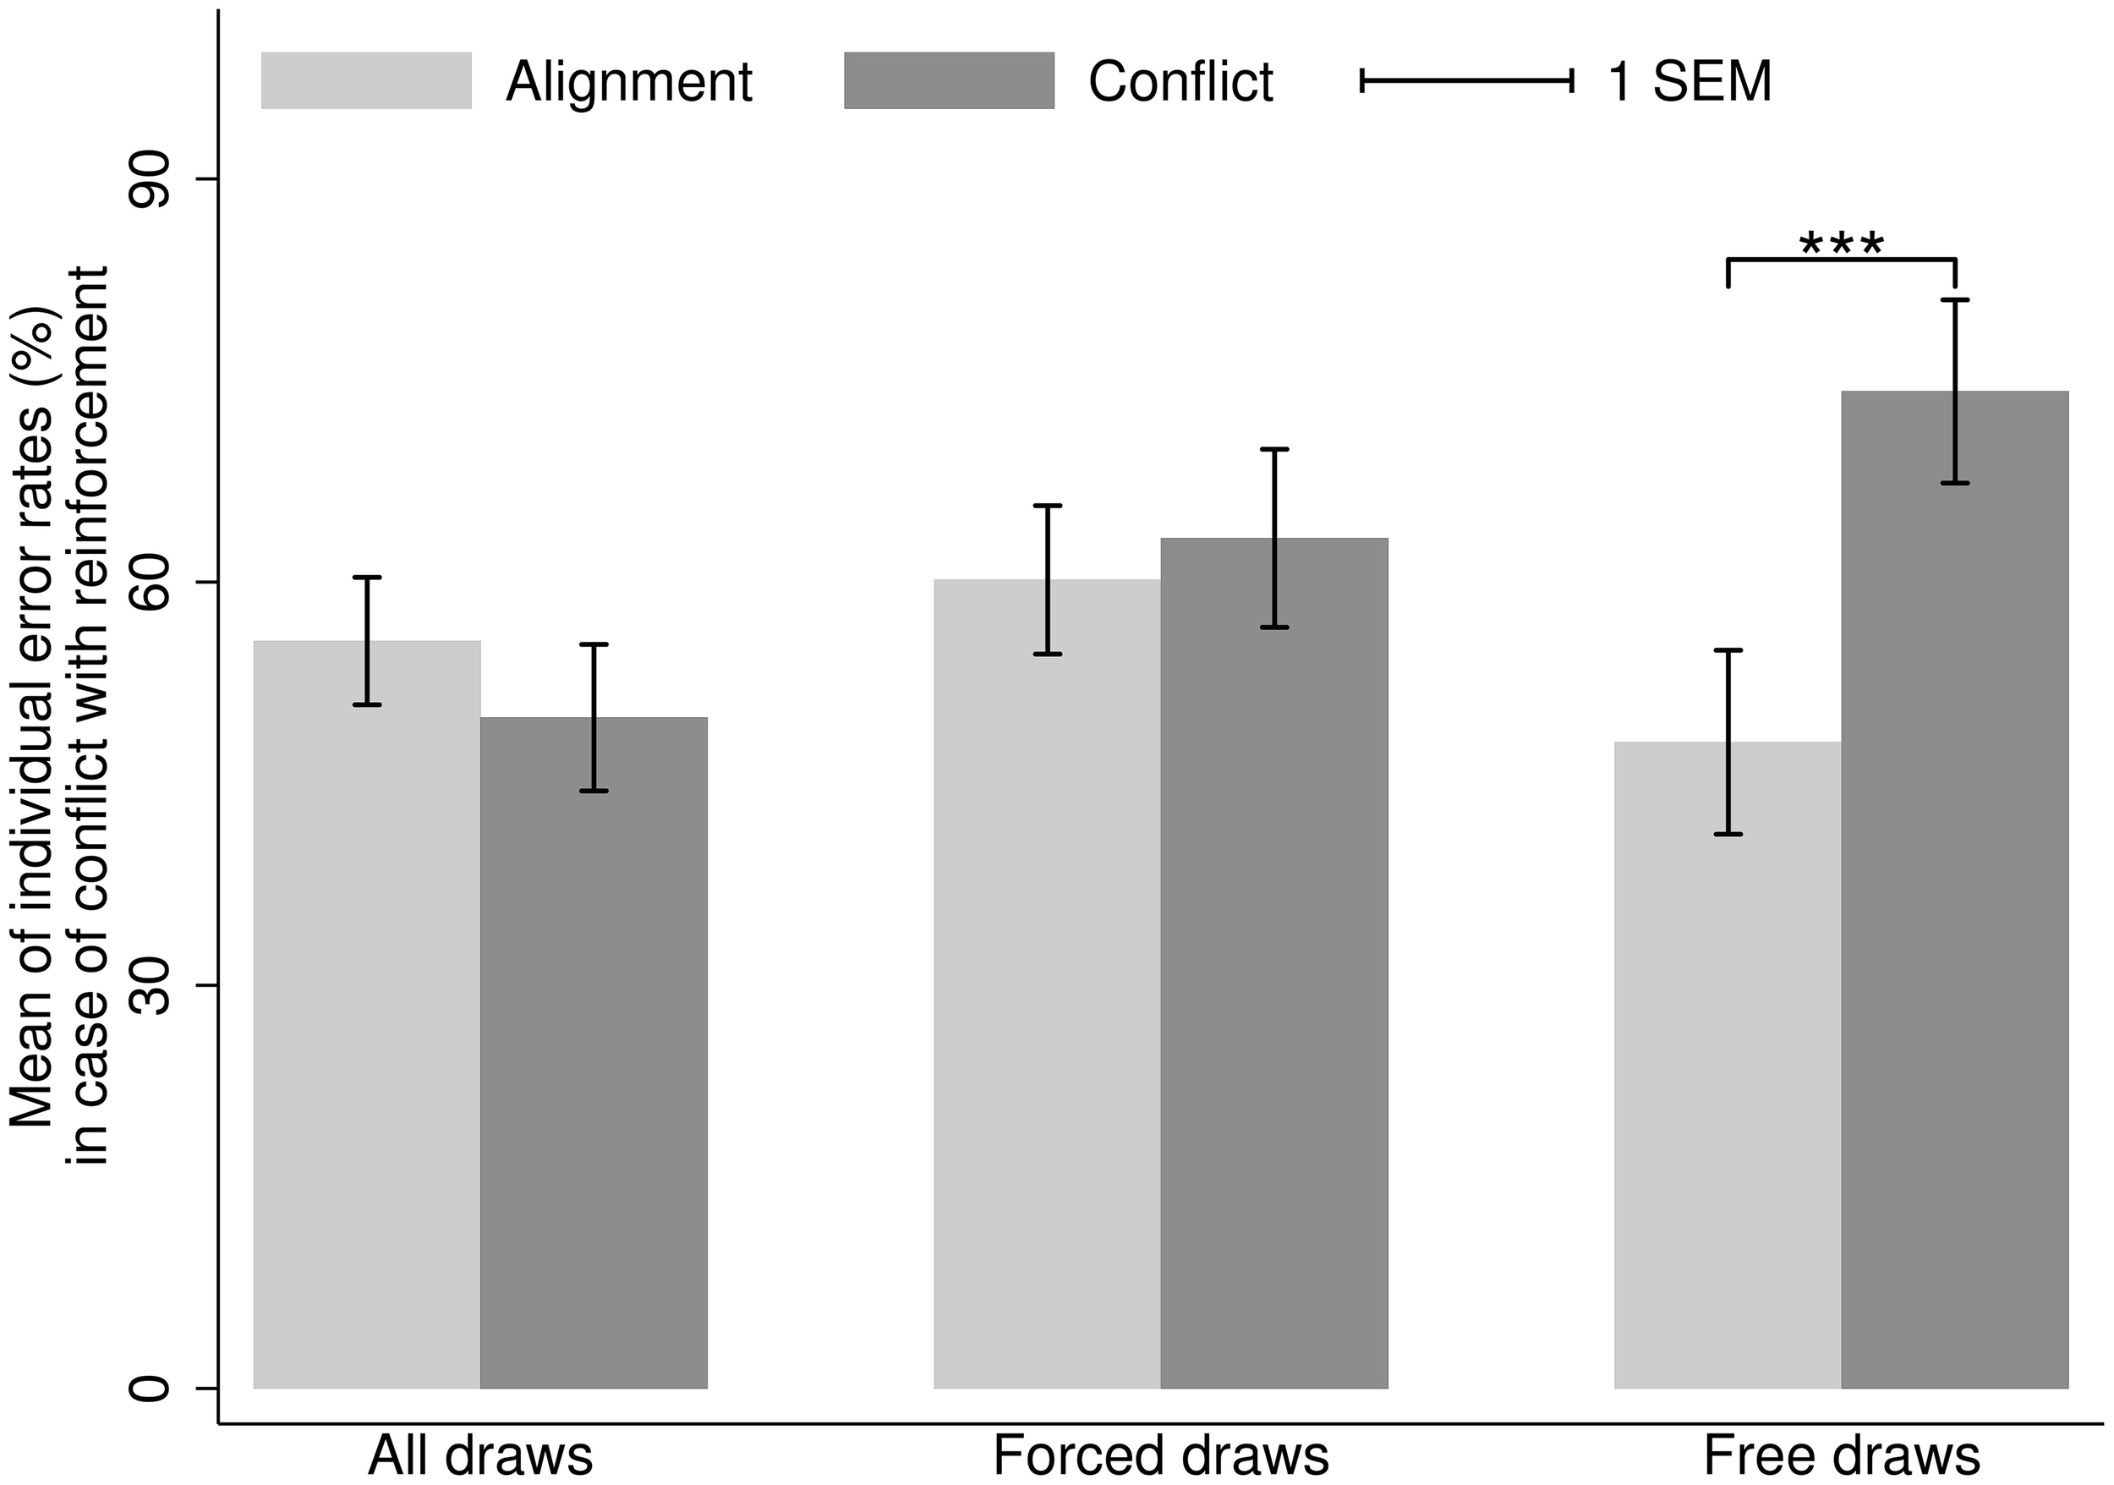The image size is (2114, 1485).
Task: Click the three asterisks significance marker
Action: pos(1842,245)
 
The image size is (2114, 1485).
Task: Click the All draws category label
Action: pos(479,1455)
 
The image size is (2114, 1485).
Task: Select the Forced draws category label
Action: pos(1161,1455)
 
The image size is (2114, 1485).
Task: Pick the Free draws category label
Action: pos(1842,1455)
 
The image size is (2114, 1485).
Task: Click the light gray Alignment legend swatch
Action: pos(366,81)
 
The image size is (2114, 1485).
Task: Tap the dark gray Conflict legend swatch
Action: pos(949,81)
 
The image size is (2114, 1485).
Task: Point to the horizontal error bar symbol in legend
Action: pos(1467,81)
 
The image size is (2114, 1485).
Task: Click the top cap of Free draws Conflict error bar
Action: pos(1955,300)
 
